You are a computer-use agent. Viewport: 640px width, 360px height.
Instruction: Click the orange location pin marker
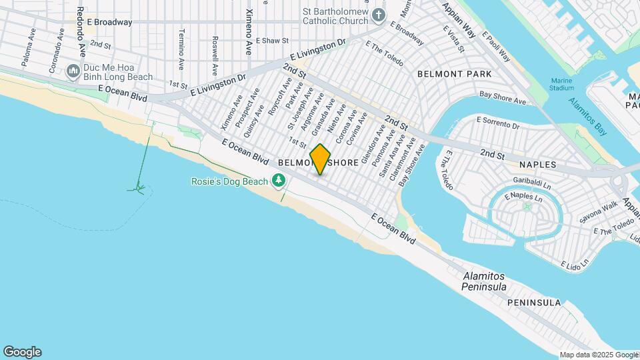pos(321,159)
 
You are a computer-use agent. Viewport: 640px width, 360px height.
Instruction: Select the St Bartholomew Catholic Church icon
pos(379,15)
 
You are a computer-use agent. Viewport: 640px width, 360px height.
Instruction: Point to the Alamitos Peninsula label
pos(484,281)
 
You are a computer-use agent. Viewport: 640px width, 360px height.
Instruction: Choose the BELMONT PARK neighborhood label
pos(454,74)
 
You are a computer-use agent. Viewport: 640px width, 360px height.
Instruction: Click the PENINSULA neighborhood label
pos(534,303)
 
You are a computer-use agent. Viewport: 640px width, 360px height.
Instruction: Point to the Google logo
pos(22,352)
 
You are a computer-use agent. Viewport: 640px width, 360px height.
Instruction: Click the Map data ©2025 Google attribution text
pos(599,355)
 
